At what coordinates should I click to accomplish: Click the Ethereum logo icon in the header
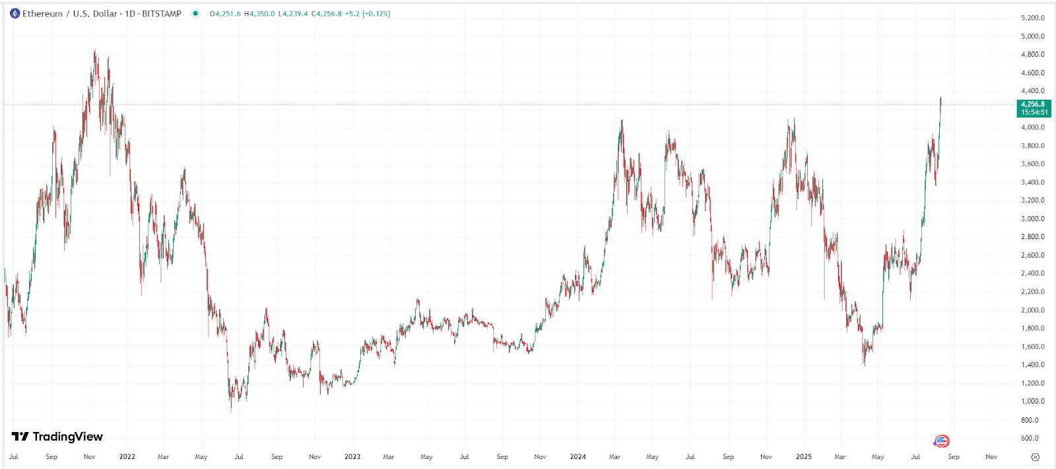coord(15,13)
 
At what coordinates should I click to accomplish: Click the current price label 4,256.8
coord(1033,104)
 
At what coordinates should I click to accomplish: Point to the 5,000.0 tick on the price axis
coord(1033,36)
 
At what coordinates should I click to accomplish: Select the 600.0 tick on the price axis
coord(1030,438)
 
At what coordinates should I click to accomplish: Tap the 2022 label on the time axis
coord(127,456)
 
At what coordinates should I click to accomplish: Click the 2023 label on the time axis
coord(352,456)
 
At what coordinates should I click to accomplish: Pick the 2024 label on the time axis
coord(577,456)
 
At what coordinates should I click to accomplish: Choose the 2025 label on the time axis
coord(803,456)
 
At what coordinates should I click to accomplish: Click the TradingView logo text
coord(67,437)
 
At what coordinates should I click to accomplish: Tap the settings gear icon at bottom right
coord(1036,456)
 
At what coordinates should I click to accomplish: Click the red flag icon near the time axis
coord(942,441)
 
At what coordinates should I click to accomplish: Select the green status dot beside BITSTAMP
coord(195,13)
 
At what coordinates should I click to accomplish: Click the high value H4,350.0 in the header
coord(259,13)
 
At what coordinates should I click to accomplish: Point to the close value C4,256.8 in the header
coord(327,13)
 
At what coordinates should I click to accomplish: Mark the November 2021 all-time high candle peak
coord(95,51)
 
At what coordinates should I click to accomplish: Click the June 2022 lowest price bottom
coord(231,411)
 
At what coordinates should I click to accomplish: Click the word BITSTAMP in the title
coord(162,13)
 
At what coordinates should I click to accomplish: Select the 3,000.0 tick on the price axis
coord(1033,219)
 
